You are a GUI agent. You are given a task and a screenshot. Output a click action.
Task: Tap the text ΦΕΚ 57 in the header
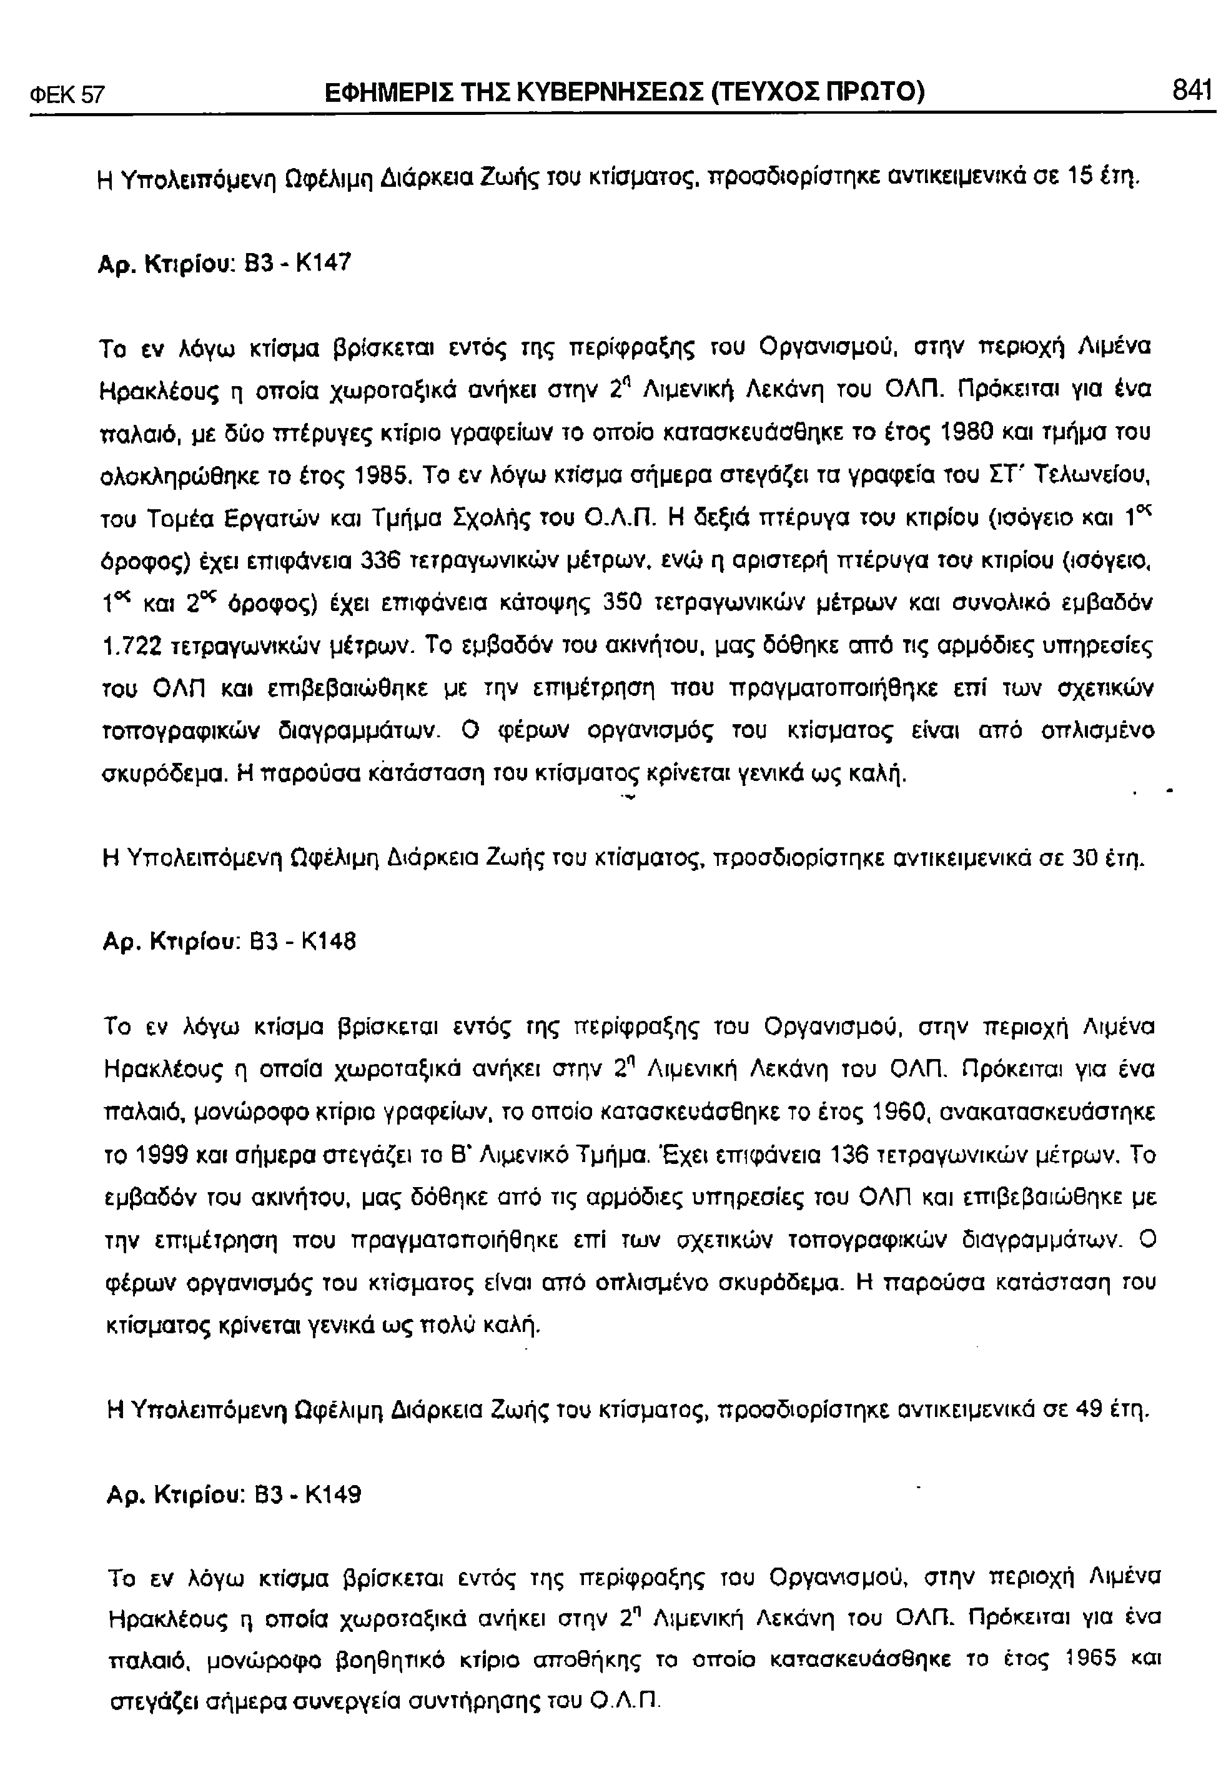click(x=67, y=95)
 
